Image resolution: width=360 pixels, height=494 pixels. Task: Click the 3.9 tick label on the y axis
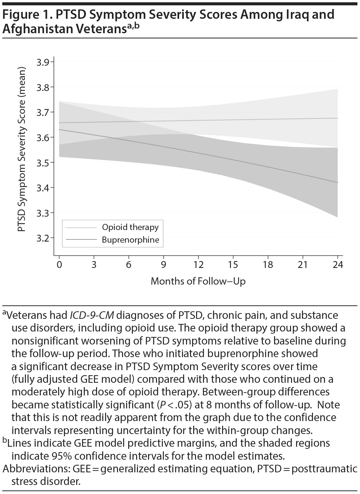click(43, 62)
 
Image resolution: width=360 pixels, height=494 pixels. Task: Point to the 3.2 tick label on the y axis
click(43, 238)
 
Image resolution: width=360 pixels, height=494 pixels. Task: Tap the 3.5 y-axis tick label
click(43, 162)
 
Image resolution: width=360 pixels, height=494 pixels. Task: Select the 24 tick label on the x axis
click(337, 265)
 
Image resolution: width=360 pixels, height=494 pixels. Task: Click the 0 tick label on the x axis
click(59, 265)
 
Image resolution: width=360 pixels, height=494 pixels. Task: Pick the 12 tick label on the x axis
click(198, 265)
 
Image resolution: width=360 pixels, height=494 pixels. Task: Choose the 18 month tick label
click(268, 265)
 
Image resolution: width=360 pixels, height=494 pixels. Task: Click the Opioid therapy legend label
click(130, 227)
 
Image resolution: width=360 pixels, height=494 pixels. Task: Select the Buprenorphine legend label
click(130, 240)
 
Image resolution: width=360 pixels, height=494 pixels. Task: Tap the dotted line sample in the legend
click(81, 227)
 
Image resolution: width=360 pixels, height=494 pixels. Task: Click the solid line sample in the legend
click(81, 240)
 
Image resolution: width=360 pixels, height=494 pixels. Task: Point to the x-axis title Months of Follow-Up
click(198, 281)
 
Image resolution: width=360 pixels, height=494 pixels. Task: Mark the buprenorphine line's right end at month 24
click(337, 182)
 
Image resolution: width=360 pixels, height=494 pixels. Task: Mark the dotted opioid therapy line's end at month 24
click(337, 118)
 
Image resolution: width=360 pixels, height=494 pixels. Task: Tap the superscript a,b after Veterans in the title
click(132, 26)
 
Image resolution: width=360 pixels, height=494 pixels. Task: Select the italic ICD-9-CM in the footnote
click(92, 315)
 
